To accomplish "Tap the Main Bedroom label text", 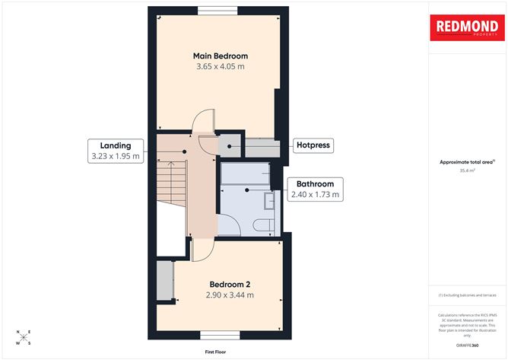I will [x=220, y=56].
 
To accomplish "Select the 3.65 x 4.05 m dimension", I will [x=220, y=68].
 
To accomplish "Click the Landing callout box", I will [x=115, y=151].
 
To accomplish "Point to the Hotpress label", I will [x=313, y=145].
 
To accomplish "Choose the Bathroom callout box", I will [x=315, y=190].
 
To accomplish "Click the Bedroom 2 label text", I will [x=229, y=283].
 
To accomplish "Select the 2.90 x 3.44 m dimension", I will [x=229, y=295].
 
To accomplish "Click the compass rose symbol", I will [x=24, y=336].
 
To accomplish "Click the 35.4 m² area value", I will [x=467, y=171].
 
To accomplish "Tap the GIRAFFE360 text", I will [x=467, y=344].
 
